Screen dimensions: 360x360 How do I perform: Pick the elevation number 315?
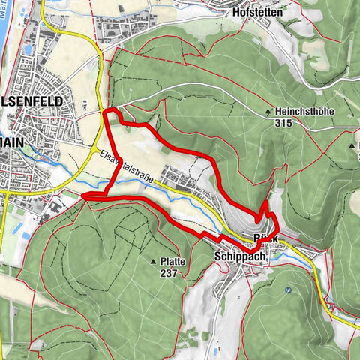click(x=283, y=123)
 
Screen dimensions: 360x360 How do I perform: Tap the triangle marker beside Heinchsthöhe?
click(x=268, y=112)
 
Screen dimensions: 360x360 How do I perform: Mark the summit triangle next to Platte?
click(x=154, y=262)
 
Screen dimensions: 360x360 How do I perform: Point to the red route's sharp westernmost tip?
click(x=82, y=197)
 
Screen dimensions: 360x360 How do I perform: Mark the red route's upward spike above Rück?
click(x=267, y=203)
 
